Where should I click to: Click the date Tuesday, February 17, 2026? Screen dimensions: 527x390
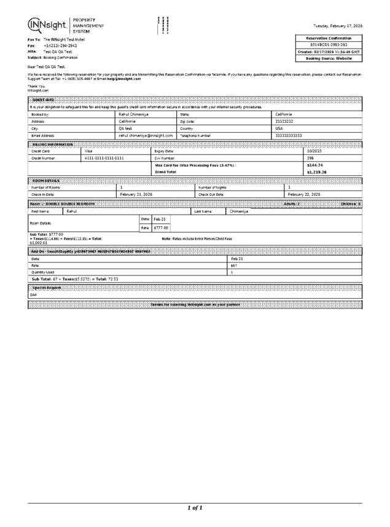click(x=337, y=26)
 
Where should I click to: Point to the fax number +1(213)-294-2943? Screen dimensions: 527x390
click(x=60, y=46)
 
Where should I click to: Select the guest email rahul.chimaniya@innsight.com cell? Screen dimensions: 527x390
click(x=146, y=135)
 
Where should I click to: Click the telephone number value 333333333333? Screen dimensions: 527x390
click(x=289, y=135)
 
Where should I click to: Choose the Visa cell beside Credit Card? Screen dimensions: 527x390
click(x=88, y=151)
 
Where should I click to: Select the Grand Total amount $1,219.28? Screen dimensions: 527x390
click(x=317, y=172)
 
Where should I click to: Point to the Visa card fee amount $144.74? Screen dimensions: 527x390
click(x=314, y=165)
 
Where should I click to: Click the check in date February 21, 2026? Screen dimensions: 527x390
click(x=136, y=194)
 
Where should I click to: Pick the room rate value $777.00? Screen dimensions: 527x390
click(x=161, y=228)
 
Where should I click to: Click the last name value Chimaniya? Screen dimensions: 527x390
click(x=240, y=211)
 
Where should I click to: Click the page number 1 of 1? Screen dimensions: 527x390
click(x=195, y=507)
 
